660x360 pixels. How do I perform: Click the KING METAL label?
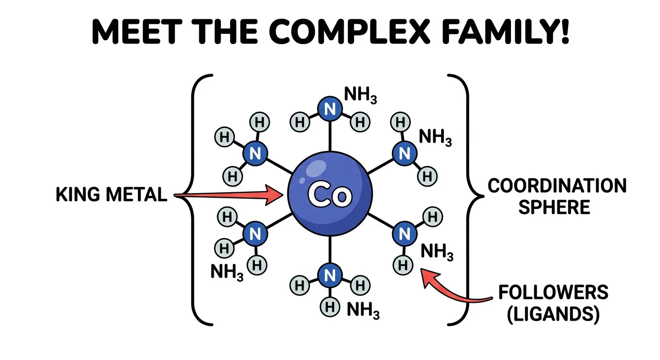112,195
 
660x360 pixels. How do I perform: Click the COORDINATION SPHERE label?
557,196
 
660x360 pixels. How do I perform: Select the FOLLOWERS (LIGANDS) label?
553,304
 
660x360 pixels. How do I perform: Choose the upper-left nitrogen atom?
255,153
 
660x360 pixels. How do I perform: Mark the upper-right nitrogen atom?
404,153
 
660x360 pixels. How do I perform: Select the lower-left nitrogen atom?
255,233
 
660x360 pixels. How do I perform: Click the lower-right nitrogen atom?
404,232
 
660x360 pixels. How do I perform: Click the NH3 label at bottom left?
227,272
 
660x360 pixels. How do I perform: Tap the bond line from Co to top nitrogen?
330,136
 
